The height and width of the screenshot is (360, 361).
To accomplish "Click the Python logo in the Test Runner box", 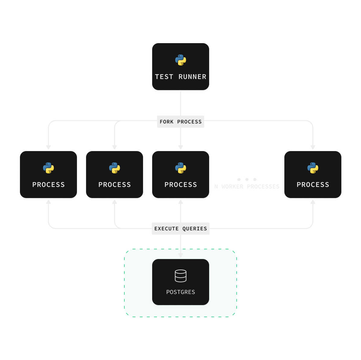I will (x=180, y=60).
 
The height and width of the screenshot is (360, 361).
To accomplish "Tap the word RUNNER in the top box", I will (x=192, y=77).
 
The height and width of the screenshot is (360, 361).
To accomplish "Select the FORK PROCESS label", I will (x=180, y=122).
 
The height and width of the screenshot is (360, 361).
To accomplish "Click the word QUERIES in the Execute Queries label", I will (x=195, y=229).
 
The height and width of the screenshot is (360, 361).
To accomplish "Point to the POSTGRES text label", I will (x=180, y=292).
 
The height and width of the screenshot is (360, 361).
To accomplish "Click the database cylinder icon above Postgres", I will (x=180, y=276).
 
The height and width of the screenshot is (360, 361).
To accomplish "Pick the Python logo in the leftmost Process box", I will (x=48, y=168).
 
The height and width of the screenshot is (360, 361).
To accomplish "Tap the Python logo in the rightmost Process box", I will (x=313, y=168).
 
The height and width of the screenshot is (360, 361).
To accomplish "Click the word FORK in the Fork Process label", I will (x=167, y=122).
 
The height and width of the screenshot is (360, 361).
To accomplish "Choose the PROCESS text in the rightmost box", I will (x=313, y=185).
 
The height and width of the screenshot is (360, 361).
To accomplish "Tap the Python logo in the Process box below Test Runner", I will (x=180, y=168).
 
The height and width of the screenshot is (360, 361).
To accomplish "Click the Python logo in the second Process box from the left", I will (x=114, y=168).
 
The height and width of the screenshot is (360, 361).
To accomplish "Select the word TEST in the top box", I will (x=164, y=77).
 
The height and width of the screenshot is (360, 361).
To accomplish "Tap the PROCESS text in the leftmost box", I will (x=48, y=185).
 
